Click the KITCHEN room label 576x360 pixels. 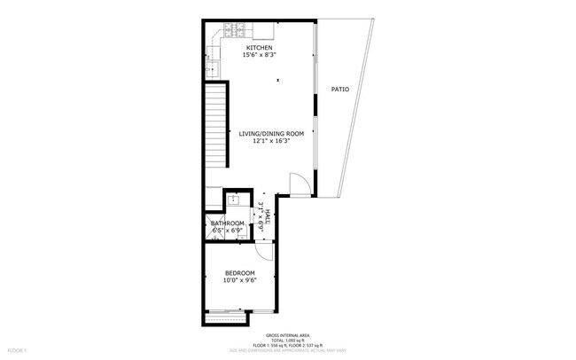click(x=259, y=47)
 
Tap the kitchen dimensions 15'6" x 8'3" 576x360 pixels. click(x=259, y=55)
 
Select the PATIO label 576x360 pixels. click(x=339, y=90)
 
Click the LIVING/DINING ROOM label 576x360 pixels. click(x=271, y=133)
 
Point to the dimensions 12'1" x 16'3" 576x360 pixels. click(x=271, y=141)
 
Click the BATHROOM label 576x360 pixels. click(x=228, y=223)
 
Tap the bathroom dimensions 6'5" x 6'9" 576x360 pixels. click(x=228, y=231)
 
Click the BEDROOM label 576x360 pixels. click(x=239, y=272)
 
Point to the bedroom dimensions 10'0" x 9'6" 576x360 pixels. click(x=239, y=280)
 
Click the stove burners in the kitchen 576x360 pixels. click(x=234, y=28)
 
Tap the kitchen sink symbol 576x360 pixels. click(x=213, y=67)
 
